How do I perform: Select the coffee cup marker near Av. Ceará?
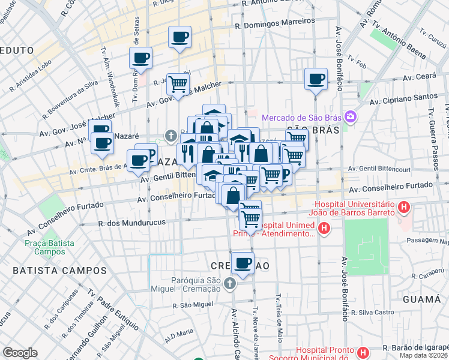pyautogui.click(x=316, y=79)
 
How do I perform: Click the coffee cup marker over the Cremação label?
pyautogui.click(x=243, y=263)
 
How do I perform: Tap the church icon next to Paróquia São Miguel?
pyautogui.click(x=229, y=283)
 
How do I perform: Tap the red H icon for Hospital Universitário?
pyautogui.click(x=405, y=208)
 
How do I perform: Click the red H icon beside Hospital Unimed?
pyautogui.click(x=324, y=228)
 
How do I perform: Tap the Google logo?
pyautogui.click(x=20, y=353)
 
